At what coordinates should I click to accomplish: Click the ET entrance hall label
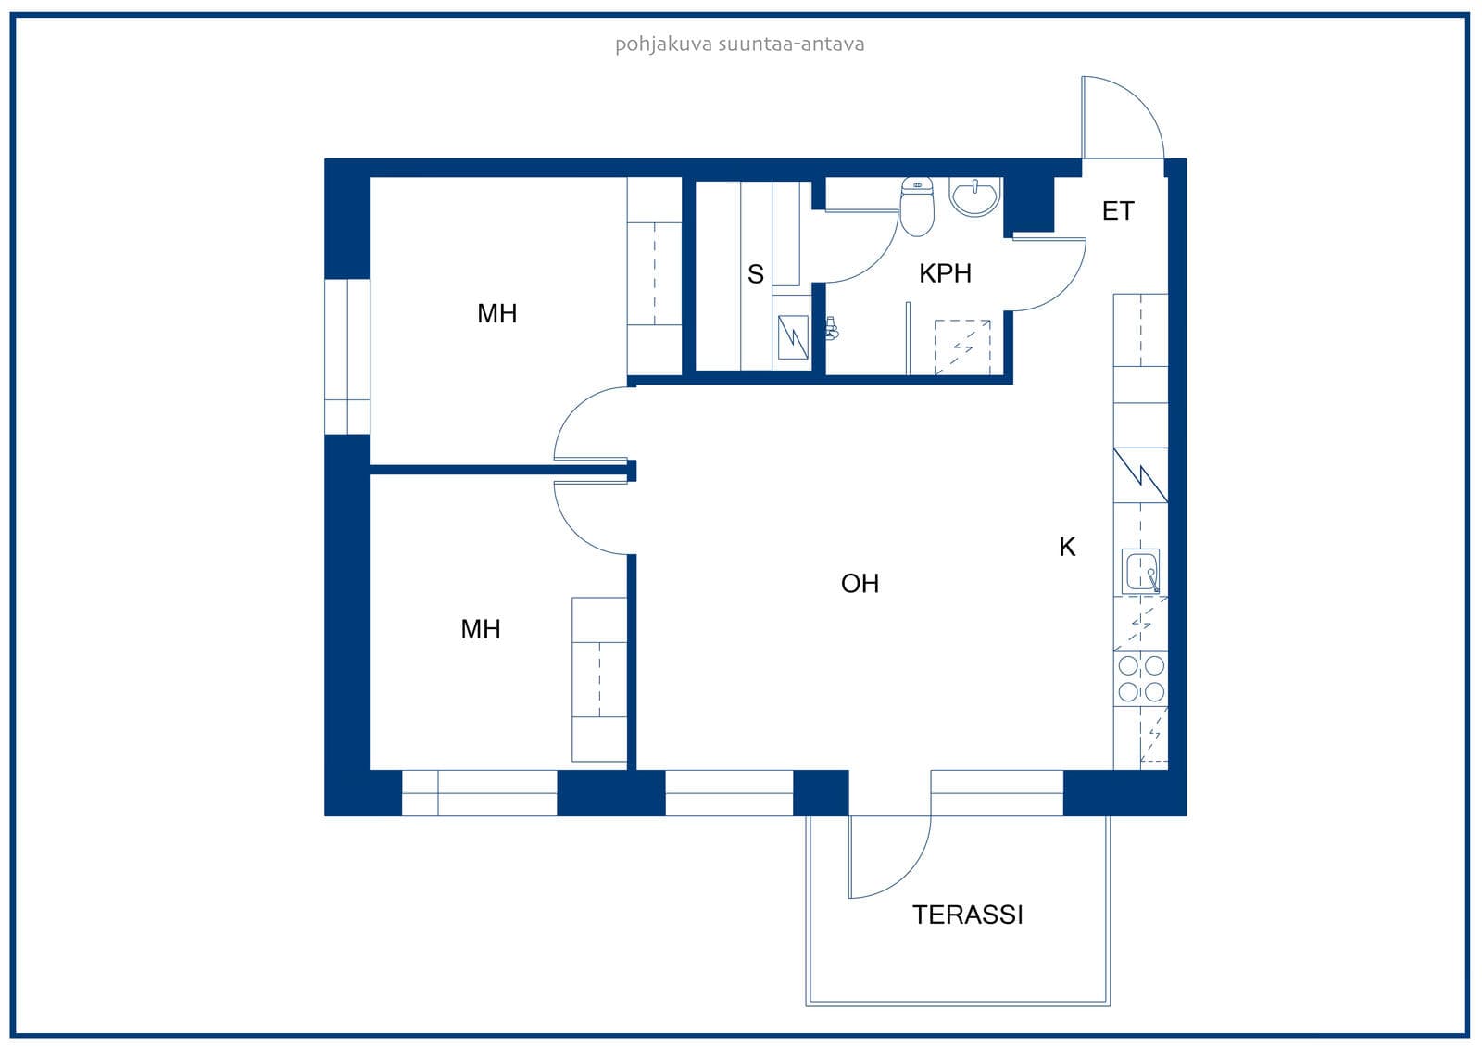(x=1117, y=210)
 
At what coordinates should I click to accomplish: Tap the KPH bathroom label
(x=945, y=272)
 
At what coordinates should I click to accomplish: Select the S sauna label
(x=756, y=273)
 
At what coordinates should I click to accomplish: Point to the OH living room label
(x=860, y=583)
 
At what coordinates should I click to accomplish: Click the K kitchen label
(x=1067, y=547)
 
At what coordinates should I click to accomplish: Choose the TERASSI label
(x=967, y=915)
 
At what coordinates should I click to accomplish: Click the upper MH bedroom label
(x=496, y=313)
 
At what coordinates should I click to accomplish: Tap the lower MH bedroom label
(x=481, y=629)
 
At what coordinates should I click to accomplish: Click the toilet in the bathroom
(x=917, y=207)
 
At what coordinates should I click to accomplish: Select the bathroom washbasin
(x=974, y=196)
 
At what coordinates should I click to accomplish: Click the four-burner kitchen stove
(x=1140, y=678)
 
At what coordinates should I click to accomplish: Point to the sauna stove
(x=793, y=337)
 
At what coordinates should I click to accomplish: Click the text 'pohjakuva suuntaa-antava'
(x=740, y=44)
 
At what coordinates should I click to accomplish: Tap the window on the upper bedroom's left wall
(x=347, y=357)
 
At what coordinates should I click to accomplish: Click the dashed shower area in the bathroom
(x=962, y=347)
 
